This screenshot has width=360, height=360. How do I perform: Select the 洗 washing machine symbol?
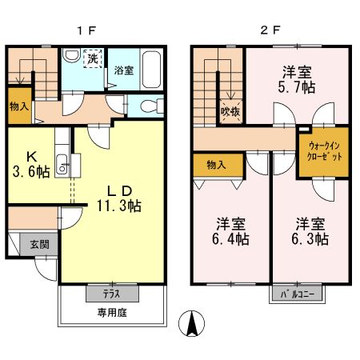point(93,59)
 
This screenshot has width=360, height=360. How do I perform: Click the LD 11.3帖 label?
point(120,198)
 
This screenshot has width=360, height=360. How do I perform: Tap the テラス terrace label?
point(111,294)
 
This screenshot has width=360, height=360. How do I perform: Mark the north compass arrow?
point(191,323)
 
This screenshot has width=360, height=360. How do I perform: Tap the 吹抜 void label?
point(230,112)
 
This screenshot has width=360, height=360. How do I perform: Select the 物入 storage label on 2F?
point(216,165)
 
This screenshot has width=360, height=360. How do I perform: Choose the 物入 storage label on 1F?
point(19,106)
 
